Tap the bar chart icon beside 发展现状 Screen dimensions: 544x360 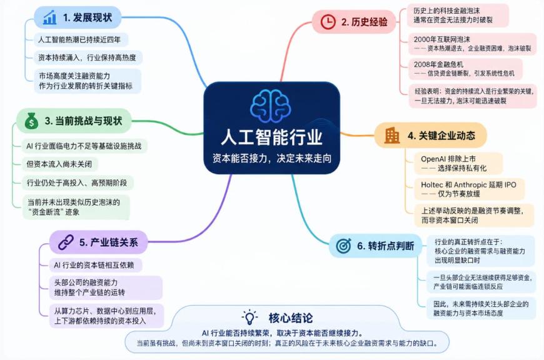[x=49, y=17]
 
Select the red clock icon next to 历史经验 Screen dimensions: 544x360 [x=328, y=22]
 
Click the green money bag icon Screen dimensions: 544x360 [x=31, y=121]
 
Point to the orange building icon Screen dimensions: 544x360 [x=391, y=135]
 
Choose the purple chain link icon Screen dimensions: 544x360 [x=66, y=242]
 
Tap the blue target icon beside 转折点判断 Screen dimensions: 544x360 [x=343, y=246]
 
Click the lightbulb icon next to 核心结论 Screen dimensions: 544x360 [x=249, y=317]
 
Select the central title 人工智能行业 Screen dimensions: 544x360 [x=271, y=137]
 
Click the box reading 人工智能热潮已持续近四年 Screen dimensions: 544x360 [x=81, y=39]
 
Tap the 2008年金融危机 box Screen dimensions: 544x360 [x=465, y=69]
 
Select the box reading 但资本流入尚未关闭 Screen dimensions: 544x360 [x=59, y=164]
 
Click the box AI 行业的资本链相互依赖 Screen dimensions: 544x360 [x=94, y=266]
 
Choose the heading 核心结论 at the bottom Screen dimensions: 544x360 [x=291, y=317]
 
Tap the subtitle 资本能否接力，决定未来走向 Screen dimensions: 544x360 [x=272, y=158]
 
